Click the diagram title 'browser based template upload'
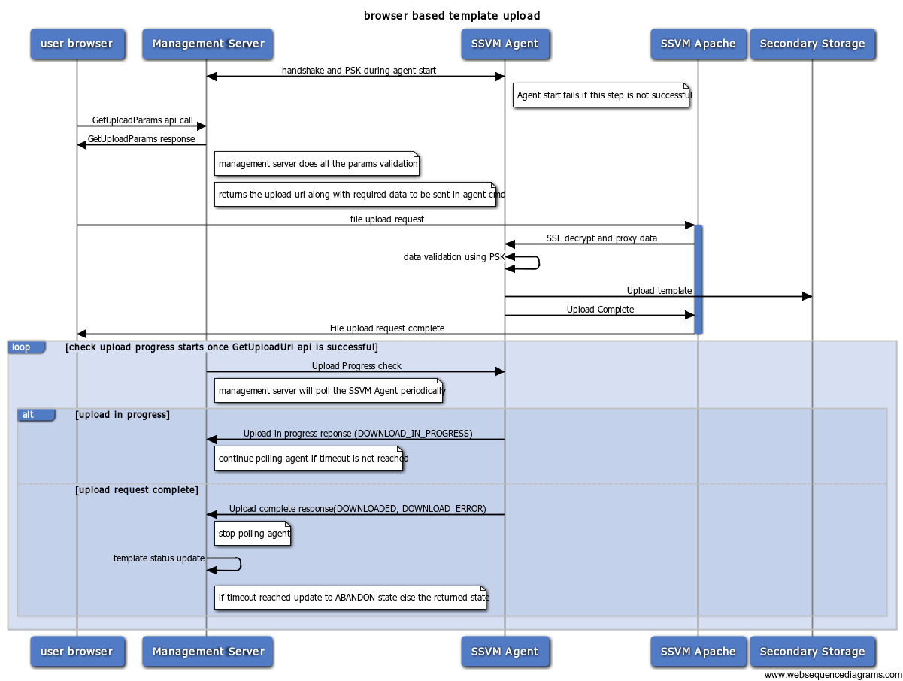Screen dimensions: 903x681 (x=451, y=15)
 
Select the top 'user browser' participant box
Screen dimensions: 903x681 (x=77, y=44)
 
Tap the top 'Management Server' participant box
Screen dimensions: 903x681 (x=208, y=44)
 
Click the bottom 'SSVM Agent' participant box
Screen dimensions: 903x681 (x=505, y=651)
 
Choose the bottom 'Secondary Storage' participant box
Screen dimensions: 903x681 (x=812, y=651)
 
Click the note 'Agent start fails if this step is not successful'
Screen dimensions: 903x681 (x=601, y=95)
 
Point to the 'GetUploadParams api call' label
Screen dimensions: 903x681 (x=142, y=120)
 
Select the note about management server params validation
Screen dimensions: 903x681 (x=317, y=163)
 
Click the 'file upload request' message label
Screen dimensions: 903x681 (x=386, y=219)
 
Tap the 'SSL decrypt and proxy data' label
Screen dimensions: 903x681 (x=601, y=238)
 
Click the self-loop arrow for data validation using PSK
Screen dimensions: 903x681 (x=538, y=262)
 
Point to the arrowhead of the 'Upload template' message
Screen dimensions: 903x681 (x=807, y=296)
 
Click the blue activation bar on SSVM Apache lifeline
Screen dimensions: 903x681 (x=698, y=279)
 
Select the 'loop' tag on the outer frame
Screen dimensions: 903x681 (x=26, y=347)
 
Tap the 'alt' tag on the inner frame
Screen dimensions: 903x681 (x=36, y=414)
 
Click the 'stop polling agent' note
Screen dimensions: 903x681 (x=252, y=534)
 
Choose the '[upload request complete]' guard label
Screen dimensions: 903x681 (x=137, y=489)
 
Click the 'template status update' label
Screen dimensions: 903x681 (x=159, y=558)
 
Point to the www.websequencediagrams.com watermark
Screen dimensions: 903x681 (x=832, y=675)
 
